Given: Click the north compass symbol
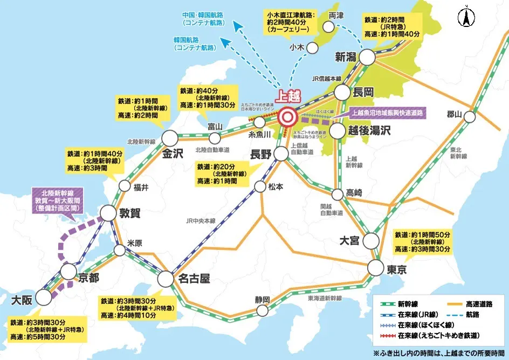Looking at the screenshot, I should click(465, 18).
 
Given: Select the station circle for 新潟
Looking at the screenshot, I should click(367, 57).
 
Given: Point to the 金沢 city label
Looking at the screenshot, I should click(173, 154).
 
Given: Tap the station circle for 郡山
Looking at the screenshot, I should click(470, 116).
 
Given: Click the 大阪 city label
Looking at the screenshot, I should click(20, 298).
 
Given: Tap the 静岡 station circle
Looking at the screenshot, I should click(263, 310).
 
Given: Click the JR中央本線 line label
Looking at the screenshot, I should click(201, 220).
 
